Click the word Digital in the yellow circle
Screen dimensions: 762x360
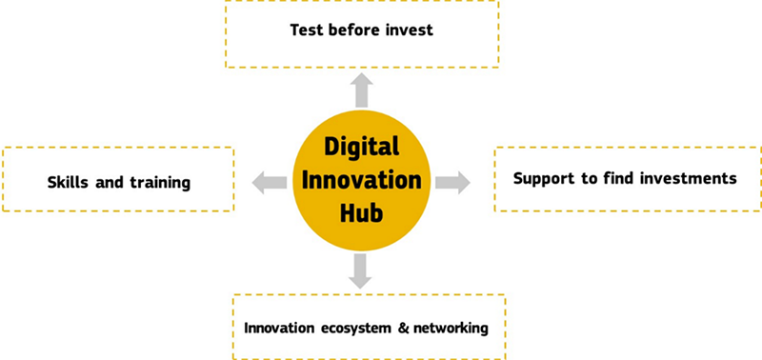point(361,149)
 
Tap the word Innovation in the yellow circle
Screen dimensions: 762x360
point(361,179)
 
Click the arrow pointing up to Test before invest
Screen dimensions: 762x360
point(361,90)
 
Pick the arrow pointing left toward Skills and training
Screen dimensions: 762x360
point(270,181)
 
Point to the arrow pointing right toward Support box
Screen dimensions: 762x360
point(453,181)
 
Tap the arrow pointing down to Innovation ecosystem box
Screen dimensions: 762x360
point(359,270)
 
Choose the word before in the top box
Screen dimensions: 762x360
point(355,30)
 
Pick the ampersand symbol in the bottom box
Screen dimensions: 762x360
point(403,329)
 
